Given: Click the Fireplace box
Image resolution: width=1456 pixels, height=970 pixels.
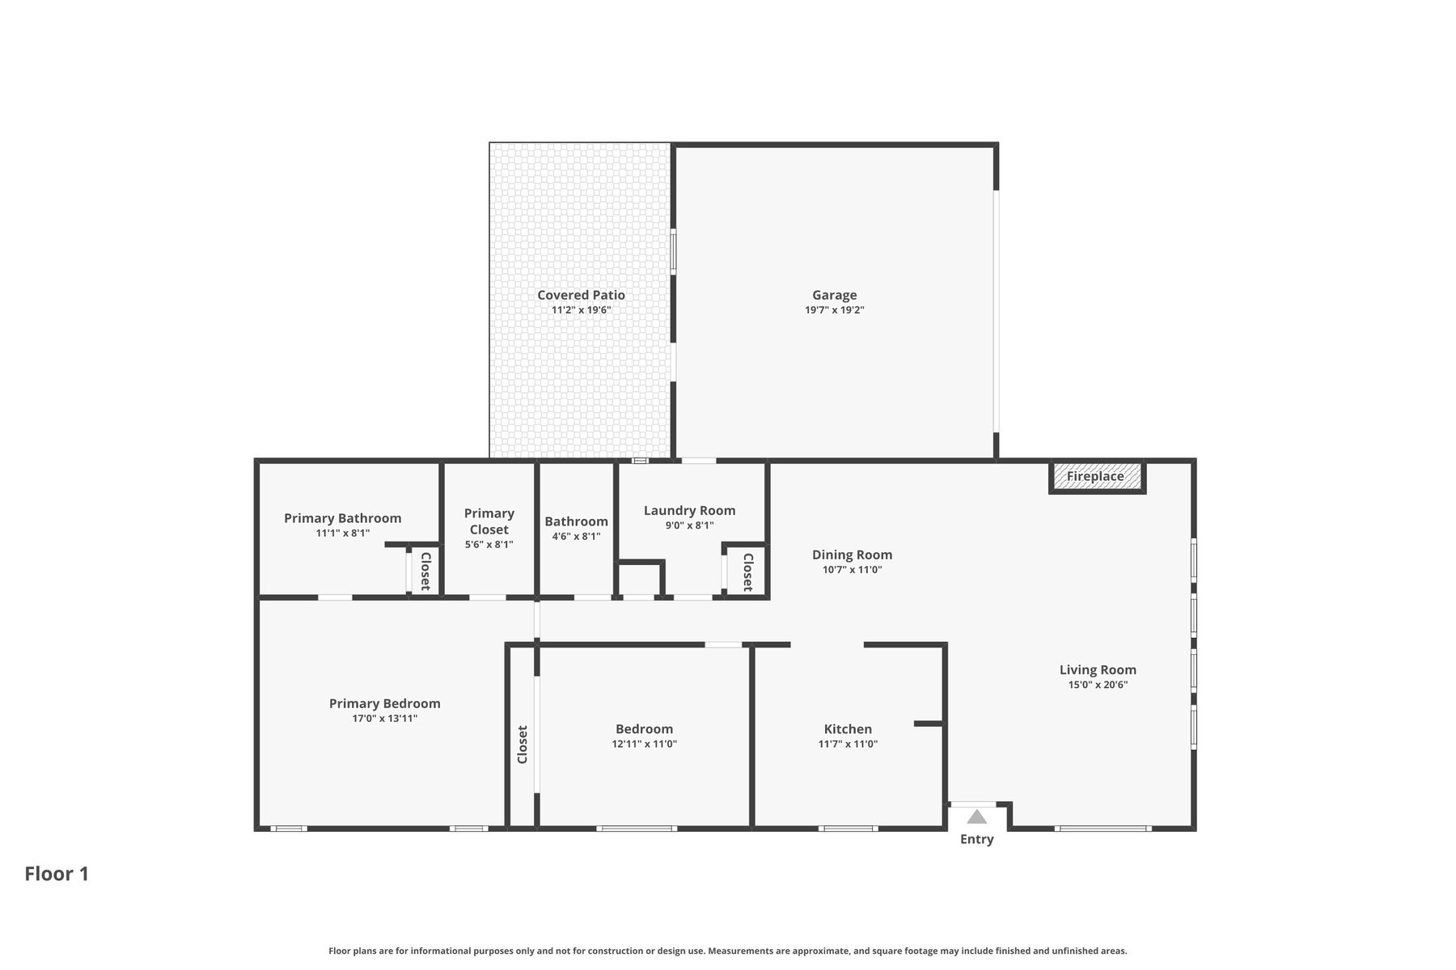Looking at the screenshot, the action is tap(1097, 477).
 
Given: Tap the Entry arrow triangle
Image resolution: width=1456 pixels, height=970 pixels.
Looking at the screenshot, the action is tap(977, 816).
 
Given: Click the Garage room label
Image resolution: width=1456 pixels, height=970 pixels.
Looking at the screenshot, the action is tap(835, 295).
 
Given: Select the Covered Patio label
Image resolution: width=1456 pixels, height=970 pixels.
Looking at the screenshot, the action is tap(581, 295).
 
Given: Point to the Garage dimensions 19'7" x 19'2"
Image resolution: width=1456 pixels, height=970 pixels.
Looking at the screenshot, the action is tap(835, 310).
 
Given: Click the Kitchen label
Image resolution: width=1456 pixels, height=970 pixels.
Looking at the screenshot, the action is tap(848, 729).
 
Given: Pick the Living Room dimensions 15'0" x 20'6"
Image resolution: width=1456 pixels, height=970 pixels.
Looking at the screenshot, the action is tap(1098, 685).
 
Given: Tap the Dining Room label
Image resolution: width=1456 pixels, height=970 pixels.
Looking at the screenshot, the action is tap(852, 555).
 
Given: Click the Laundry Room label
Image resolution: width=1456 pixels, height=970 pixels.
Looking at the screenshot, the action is tap(689, 511).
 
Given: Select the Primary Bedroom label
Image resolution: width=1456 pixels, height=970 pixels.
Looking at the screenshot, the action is tap(384, 704).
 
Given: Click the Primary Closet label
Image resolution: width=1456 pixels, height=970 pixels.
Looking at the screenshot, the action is tap(489, 521).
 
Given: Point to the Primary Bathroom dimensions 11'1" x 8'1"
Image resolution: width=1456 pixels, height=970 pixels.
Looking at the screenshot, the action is tap(343, 533).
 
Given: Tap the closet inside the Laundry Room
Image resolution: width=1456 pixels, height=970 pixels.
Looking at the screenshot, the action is tap(746, 571).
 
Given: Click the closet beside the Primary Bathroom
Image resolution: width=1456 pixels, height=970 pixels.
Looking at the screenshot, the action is tap(424, 571).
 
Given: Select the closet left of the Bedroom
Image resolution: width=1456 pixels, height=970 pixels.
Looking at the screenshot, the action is tap(522, 744).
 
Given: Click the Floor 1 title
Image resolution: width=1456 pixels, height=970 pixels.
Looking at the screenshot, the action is tap(57, 874).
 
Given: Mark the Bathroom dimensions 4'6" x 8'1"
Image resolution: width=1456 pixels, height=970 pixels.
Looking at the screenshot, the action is tap(576, 536).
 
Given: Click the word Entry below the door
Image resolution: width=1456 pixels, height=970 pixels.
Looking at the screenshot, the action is tap(977, 840).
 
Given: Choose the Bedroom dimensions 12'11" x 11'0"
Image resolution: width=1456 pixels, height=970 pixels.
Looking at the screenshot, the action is tap(644, 744).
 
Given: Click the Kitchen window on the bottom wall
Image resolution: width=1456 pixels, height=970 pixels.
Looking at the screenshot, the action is tap(848, 829).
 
